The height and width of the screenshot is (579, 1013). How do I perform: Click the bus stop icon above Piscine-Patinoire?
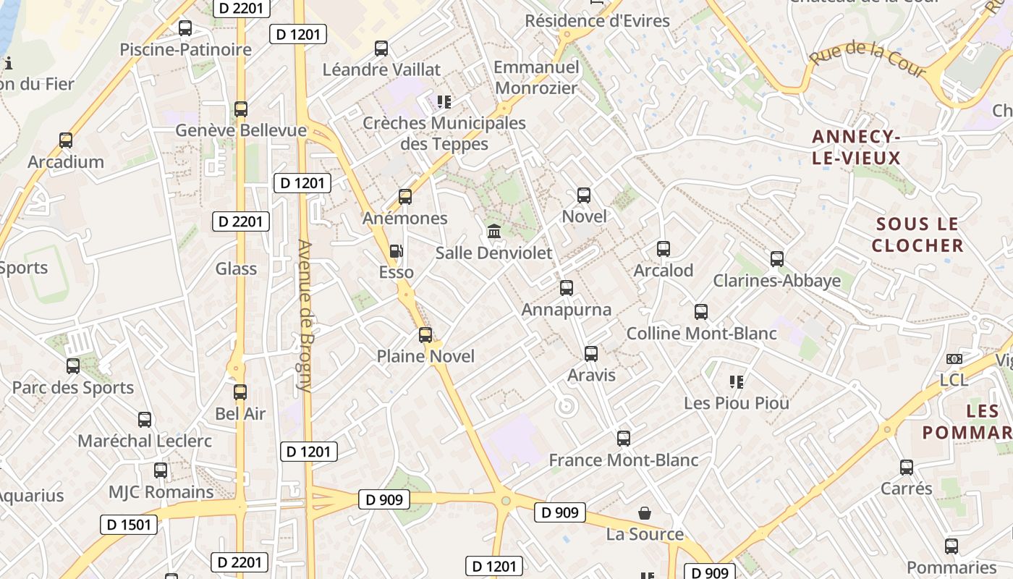pos(185,28)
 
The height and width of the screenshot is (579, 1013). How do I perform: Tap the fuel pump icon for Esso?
pos(397,251)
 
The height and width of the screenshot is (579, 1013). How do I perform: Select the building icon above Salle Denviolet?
pos(494,232)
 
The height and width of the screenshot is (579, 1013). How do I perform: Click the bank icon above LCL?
pos(954,359)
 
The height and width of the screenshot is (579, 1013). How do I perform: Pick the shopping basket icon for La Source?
pos(645,513)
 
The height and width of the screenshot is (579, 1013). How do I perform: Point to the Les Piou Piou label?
pos(737,403)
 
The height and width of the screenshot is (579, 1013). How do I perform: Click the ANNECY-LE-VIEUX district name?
pos(856,148)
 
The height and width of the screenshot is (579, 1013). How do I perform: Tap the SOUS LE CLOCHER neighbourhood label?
pos(917,234)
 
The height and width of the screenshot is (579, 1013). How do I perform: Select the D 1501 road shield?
pos(128,525)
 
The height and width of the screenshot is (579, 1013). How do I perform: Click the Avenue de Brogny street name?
pos(305,316)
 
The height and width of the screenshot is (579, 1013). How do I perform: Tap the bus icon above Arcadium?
pos(66,140)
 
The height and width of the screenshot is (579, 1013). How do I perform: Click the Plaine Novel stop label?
pos(425,356)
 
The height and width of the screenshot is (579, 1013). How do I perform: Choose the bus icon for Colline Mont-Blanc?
pos(701,312)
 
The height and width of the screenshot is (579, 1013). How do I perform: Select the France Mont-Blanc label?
pos(624,460)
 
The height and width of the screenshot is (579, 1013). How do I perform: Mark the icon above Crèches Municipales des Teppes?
pos(444,102)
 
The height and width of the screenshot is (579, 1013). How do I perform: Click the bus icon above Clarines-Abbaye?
pos(777,259)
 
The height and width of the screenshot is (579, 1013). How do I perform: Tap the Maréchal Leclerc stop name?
pos(145,441)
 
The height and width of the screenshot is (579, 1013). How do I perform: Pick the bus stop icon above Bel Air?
pos(240,392)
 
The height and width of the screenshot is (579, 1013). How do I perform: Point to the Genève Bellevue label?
pos(241,131)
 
